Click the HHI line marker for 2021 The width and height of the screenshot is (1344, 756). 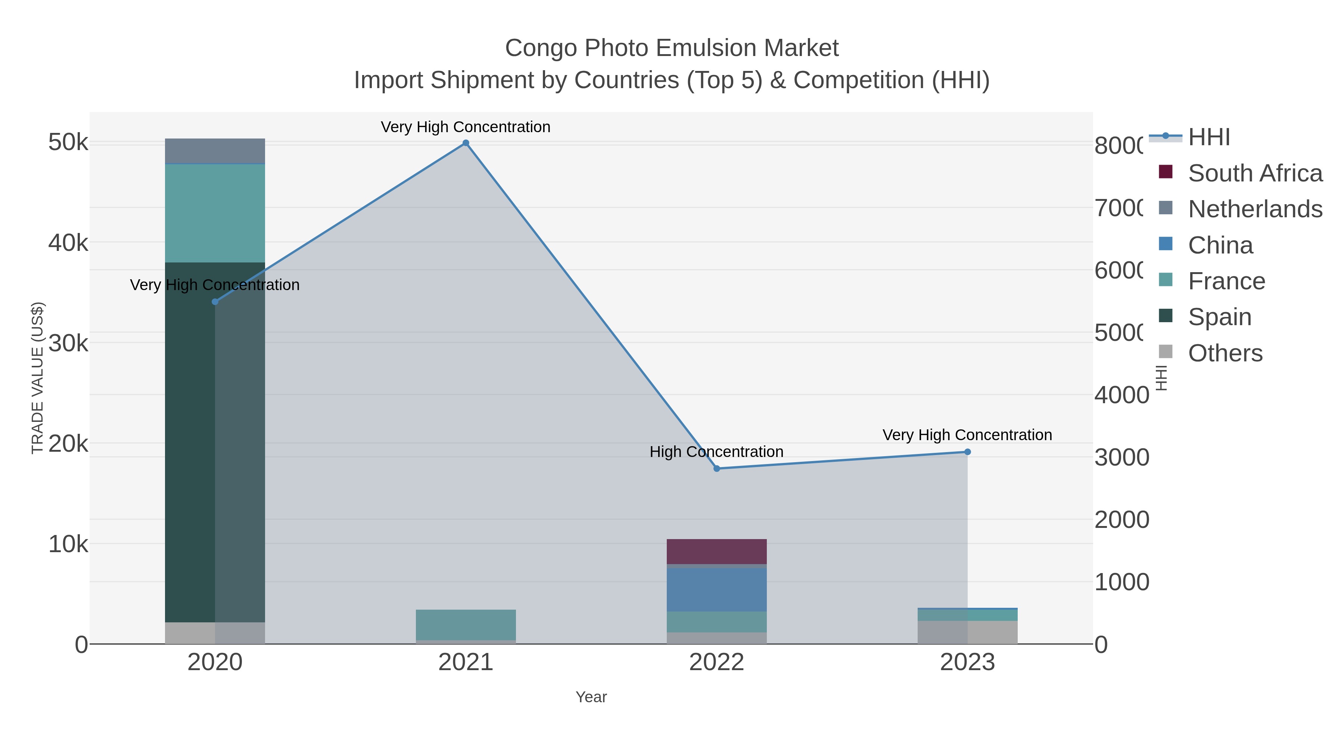click(466, 143)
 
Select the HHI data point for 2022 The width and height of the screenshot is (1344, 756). click(716, 469)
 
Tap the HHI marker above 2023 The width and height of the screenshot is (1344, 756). click(967, 452)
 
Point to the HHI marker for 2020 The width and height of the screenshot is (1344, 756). click(215, 302)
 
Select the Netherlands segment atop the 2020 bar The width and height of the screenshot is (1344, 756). click(215, 151)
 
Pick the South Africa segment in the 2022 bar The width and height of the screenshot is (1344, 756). click(716, 551)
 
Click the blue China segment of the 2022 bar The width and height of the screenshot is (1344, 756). click(716, 589)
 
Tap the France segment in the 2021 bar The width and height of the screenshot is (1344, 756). click(466, 625)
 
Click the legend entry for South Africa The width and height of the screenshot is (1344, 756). click(1255, 173)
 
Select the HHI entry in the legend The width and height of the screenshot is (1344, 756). click(1208, 137)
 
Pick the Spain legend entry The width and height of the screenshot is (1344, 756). click(1219, 317)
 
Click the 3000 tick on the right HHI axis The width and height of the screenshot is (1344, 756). click(1121, 458)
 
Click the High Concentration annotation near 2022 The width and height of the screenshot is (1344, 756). click(716, 451)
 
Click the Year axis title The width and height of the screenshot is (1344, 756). click(591, 697)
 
